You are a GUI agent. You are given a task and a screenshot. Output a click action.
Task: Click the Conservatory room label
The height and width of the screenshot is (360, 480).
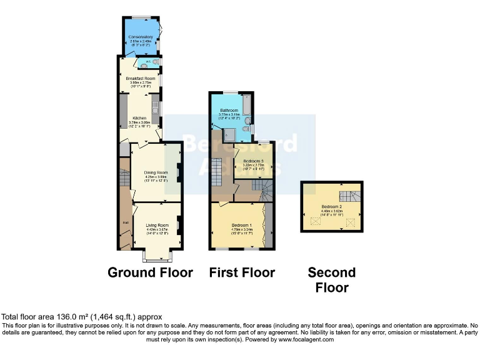point(141,37)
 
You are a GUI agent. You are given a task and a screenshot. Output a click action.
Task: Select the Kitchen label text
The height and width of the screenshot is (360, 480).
point(138,117)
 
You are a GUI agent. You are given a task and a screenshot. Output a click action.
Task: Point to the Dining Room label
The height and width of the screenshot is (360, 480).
point(156,172)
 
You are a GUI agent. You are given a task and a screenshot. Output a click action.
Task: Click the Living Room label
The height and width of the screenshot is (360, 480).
point(157,225)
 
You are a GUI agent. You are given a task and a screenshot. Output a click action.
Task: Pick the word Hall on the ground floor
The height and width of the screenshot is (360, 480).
point(125,222)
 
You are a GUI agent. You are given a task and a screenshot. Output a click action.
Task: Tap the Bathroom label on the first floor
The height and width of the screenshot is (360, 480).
point(229,111)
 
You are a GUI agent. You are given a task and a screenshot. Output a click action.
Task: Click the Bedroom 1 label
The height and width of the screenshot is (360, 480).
point(241,225)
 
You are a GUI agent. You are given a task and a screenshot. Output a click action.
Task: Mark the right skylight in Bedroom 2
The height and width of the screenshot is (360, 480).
point(350,221)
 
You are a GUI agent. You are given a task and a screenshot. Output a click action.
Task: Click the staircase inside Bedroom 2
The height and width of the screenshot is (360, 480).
point(353,196)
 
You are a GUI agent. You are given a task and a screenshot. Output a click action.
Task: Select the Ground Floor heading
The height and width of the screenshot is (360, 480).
point(150,272)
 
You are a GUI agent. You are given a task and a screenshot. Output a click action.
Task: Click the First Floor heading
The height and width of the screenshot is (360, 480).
point(242,272)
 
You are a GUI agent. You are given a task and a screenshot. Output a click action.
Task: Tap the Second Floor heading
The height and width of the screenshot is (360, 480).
point(332,280)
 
